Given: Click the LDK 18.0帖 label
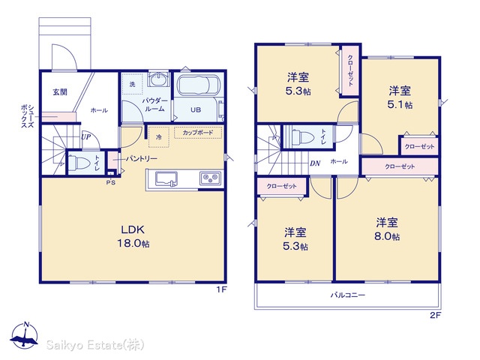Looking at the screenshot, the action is (x=133, y=236).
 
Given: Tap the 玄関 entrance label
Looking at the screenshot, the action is (x=60, y=91).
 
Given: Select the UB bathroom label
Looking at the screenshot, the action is (x=196, y=109).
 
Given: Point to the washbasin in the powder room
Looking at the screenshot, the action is (x=158, y=80).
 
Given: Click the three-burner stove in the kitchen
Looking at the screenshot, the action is (x=210, y=178).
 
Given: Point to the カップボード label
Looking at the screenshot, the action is (x=198, y=133).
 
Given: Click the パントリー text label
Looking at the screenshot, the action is (x=142, y=158).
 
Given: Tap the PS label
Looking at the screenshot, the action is (x=111, y=183).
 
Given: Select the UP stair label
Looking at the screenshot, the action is (x=86, y=136).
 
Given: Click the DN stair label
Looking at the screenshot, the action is (x=315, y=163).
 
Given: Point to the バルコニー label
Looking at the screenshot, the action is (x=348, y=295).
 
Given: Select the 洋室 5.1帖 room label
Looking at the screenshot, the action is (x=400, y=98).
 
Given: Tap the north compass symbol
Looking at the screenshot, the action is (x=25, y=335).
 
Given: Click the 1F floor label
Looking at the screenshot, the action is (x=222, y=289).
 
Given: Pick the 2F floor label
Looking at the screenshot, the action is (x=435, y=315).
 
